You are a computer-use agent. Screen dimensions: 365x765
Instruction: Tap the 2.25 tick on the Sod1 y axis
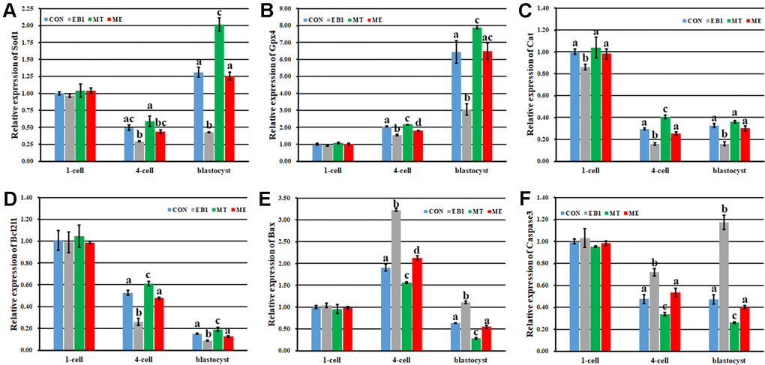click(27, 9)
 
